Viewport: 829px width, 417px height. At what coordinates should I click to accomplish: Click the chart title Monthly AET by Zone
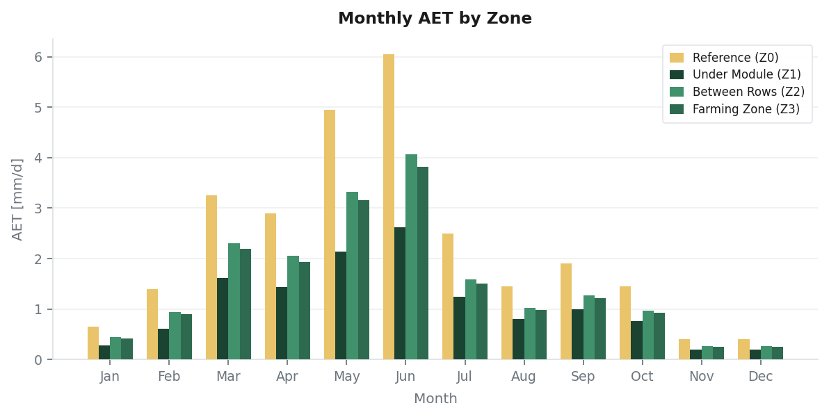[435, 19]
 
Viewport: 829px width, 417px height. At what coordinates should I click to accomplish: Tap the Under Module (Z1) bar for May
[341, 306]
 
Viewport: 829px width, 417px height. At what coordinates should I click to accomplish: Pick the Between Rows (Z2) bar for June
[411, 257]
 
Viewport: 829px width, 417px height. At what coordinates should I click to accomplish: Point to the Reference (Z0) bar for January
[93, 343]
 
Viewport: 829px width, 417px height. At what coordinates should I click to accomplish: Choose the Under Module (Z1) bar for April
[282, 323]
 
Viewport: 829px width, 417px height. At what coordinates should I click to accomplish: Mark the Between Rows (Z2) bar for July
[471, 320]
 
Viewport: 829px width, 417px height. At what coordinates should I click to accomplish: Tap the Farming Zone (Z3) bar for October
[659, 336]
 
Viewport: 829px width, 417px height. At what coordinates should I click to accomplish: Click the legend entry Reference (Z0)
[735, 58]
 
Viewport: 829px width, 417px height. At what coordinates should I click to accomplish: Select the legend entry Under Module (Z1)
[746, 74]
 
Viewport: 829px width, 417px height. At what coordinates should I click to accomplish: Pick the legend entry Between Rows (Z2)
[748, 92]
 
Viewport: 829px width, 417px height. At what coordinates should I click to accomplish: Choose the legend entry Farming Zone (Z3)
[746, 109]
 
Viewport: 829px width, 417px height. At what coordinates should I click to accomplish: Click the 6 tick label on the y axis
[38, 57]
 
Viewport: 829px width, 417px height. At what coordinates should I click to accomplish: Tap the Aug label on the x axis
[524, 377]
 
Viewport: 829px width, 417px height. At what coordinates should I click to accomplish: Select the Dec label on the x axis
[760, 377]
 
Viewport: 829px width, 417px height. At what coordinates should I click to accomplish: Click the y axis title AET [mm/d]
[18, 199]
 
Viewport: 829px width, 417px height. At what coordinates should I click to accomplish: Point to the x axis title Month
[435, 399]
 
